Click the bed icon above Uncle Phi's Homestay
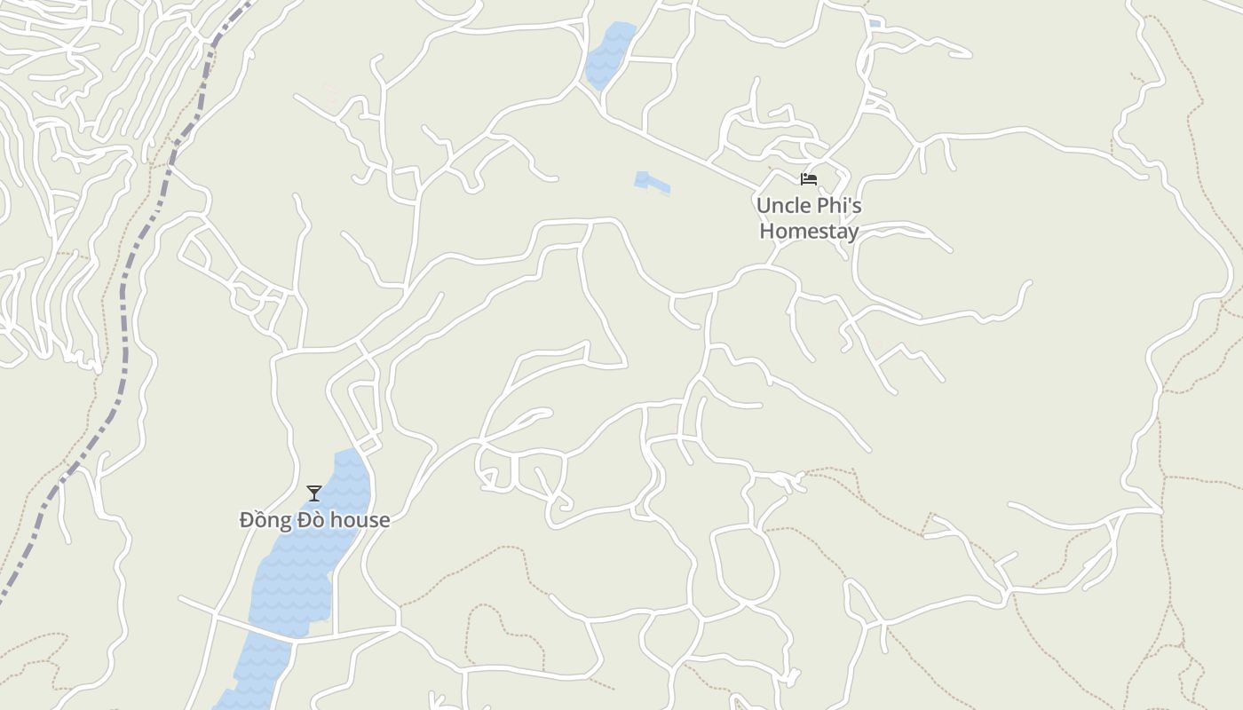click(x=808, y=179)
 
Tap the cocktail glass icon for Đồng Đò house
click(x=314, y=493)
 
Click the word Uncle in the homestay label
click(x=782, y=206)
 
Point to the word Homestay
click(x=809, y=232)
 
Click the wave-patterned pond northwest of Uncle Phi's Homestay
click(x=608, y=53)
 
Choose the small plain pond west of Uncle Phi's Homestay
click(x=651, y=182)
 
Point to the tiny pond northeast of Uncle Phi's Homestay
click(x=875, y=24)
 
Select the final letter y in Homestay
click(x=852, y=233)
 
